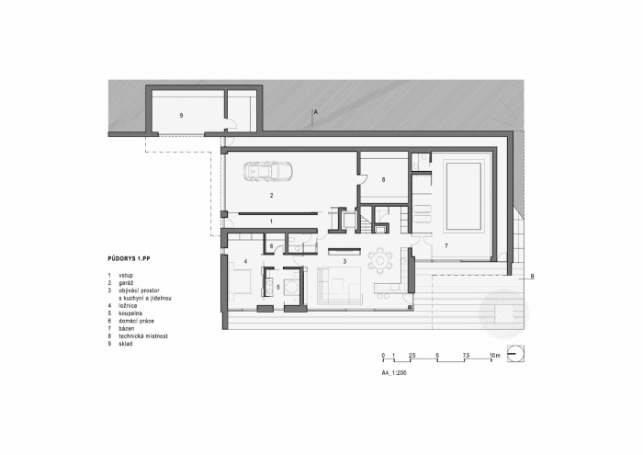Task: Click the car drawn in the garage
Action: [x=267, y=171]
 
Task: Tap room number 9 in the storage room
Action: [x=182, y=116]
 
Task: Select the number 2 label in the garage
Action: [x=272, y=196]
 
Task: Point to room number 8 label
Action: [x=383, y=180]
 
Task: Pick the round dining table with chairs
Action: [x=378, y=259]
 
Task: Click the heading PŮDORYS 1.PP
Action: [x=129, y=261]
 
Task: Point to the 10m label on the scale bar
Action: [x=493, y=356]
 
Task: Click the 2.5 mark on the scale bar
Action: [x=413, y=356]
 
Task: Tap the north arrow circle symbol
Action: [x=516, y=353]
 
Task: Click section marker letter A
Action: [x=315, y=111]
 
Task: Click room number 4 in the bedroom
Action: [x=247, y=262]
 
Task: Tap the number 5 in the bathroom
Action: [x=278, y=288]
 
